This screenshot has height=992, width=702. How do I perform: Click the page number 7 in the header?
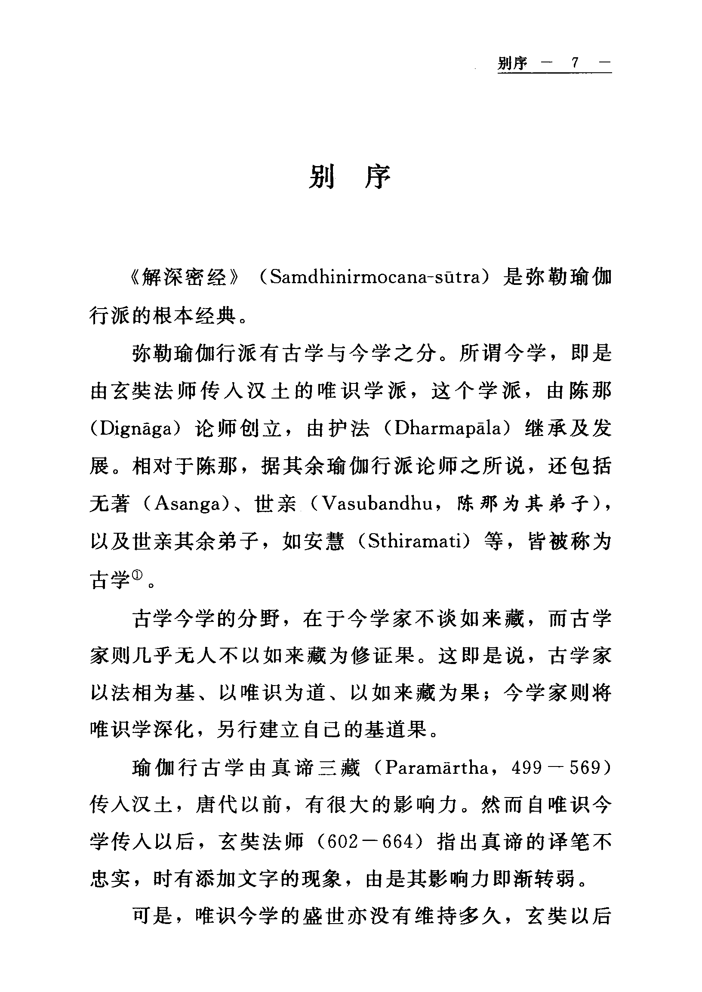click(575, 63)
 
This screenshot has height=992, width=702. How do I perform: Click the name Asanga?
click(188, 504)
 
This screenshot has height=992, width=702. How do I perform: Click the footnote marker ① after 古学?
click(137, 575)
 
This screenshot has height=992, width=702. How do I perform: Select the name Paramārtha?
click(436, 768)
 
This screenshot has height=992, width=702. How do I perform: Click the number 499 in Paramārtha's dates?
click(527, 769)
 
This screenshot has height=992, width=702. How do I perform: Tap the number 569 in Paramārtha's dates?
click(585, 769)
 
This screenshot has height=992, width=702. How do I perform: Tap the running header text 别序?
click(512, 63)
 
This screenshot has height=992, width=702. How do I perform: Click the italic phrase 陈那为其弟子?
click(523, 504)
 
